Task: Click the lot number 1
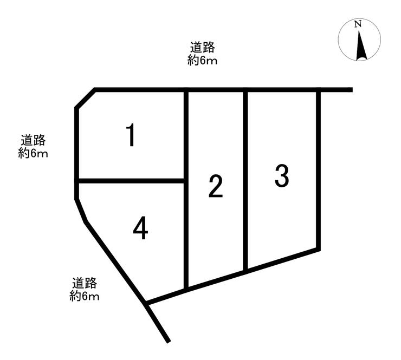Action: coord(130,135)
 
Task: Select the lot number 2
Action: coord(216,186)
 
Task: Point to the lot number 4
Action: coord(140,229)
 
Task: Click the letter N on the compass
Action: coord(358,24)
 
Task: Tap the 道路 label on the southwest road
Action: coord(84,283)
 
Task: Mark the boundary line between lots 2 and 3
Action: coord(245,179)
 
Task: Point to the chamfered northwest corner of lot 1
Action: coord(85,99)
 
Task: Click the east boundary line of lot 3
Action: coord(318,168)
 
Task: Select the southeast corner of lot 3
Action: coord(318,250)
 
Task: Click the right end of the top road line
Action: coord(351,90)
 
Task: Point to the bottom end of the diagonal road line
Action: coord(169,341)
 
